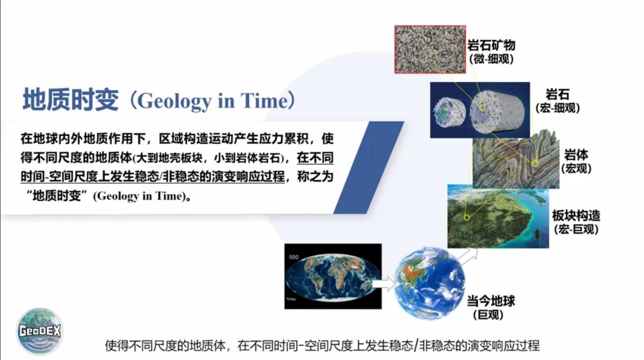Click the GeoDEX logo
[40, 331]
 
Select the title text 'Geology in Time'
[213, 101]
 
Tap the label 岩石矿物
[491, 45]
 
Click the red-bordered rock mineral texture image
[430, 49]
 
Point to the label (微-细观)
[491, 59]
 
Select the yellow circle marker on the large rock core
[482, 107]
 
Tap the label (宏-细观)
[558, 108]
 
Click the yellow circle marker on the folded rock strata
[535, 163]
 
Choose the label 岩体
[576, 155]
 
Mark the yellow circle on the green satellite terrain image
[467, 218]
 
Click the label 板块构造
[576, 215]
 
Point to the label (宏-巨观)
[576, 230]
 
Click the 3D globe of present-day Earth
[430, 283]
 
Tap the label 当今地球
[491, 301]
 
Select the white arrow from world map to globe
[384, 284]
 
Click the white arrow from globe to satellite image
[468, 256]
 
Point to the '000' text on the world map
[294, 257]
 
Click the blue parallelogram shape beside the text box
[369, 168]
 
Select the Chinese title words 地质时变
[71, 100]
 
